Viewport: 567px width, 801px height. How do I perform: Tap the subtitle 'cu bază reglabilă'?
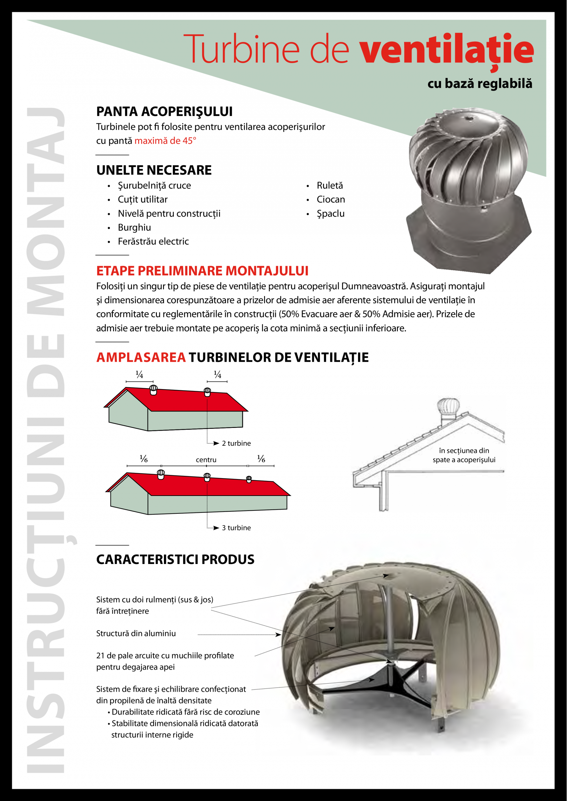pos(480,84)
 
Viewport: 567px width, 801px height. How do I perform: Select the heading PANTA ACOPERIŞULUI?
pos(164,112)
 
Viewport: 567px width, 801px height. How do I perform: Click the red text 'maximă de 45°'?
pos(165,141)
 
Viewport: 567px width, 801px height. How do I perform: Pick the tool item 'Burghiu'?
pos(134,227)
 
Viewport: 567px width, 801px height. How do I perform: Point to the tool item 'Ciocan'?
pos(331,199)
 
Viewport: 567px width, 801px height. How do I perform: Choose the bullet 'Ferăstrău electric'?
pos(153,241)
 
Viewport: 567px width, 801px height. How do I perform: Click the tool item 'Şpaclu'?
pos(330,214)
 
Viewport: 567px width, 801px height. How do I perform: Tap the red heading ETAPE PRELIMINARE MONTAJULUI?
pos(202,271)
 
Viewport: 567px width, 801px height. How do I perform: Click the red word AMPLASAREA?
pos(141,357)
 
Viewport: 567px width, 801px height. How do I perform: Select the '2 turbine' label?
pos(236,443)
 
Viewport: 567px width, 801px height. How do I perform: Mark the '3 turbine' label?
pos(236,528)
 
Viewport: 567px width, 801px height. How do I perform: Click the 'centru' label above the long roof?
pos(206,460)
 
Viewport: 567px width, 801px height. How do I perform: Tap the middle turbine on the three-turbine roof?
pos(207,477)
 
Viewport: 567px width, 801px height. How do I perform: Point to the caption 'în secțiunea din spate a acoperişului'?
pos(464,455)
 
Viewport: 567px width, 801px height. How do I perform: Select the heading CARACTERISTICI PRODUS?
pos(175,560)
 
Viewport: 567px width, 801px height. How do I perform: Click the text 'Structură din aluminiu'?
pos(136,634)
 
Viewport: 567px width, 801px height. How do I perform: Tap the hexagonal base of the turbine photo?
pos(468,244)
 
